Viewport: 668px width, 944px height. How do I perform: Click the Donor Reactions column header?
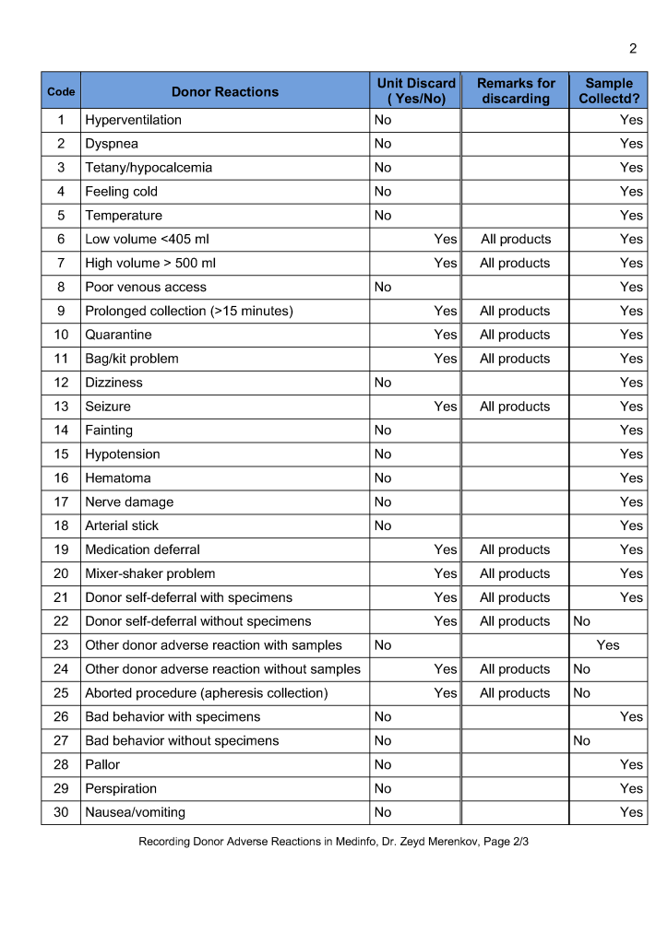[x=224, y=91]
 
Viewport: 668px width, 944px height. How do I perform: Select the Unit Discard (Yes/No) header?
[x=416, y=90]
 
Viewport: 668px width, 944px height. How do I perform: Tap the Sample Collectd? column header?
[x=609, y=90]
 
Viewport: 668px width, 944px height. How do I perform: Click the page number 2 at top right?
[x=633, y=49]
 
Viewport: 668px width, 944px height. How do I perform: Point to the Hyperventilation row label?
[x=133, y=120]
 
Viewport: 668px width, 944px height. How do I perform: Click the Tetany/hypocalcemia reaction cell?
[x=149, y=168]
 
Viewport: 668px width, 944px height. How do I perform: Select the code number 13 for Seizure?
[x=61, y=407]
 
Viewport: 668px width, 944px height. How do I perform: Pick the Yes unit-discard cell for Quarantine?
[x=446, y=335]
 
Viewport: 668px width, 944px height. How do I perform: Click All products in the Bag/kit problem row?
[x=515, y=359]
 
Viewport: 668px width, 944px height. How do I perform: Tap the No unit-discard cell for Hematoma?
[x=383, y=478]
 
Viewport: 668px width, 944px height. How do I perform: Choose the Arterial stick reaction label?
[x=122, y=525]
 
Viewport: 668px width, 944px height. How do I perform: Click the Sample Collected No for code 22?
[x=581, y=621]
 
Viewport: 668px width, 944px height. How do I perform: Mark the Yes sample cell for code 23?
[x=608, y=645]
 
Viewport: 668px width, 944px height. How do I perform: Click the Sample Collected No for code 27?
[x=581, y=740]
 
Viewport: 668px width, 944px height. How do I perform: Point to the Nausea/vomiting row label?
[x=135, y=812]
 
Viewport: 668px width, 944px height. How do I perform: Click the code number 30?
[x=61, y=812]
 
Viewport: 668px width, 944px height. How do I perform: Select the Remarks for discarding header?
[x=516, y=90]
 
